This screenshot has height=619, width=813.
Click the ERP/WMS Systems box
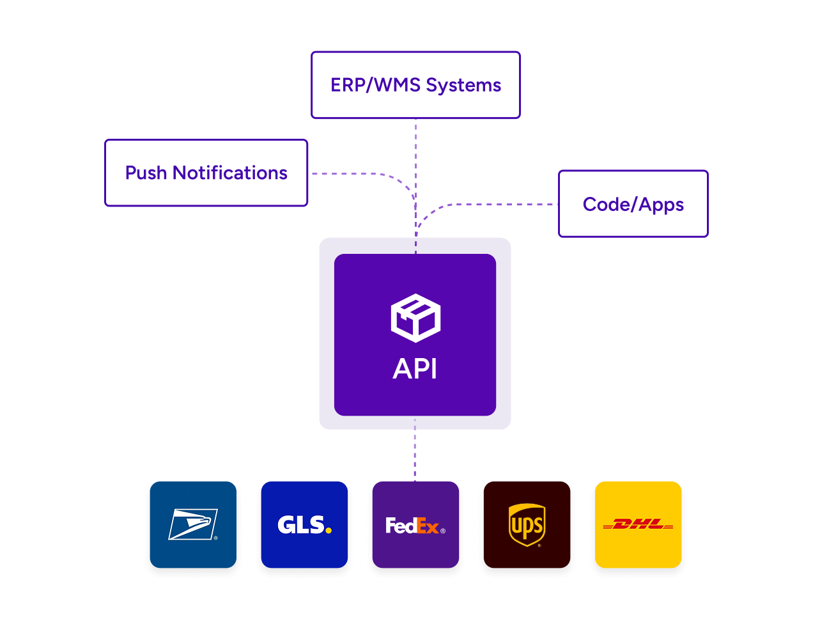(x=415, y=85)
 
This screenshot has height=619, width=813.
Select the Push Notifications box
(x=206, y=173)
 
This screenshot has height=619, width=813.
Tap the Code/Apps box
(x=633, y=204)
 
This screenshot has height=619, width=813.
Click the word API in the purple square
(x=415, y=369)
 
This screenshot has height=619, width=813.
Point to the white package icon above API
(x=415, y=318)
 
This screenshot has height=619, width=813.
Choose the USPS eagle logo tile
(x=193, y=524)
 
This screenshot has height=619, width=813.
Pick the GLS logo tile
(x=304, y=524)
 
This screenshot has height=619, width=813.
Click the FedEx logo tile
(x=415, y=524)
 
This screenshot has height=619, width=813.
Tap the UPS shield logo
(x=527, y=524)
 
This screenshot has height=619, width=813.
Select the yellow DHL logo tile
(x=638, y=524)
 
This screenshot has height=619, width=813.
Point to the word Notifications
(x=230, y=173)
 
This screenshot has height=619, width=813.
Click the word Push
(x=146, y=173)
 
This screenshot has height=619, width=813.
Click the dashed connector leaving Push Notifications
(x=352, y=173)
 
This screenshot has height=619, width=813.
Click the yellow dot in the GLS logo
(x=329, y=529)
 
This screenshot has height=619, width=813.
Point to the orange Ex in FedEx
(x=428, y=526)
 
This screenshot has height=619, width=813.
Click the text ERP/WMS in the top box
(x=375, y=85)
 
